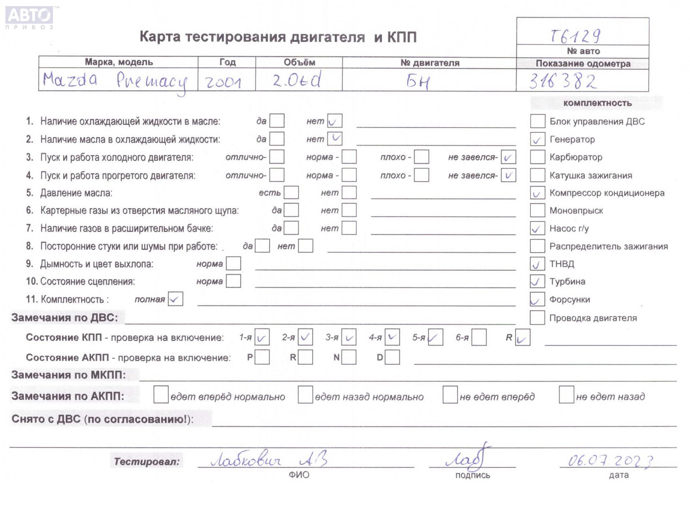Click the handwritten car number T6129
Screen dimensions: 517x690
point(575,35)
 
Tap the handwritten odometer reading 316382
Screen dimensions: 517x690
point(563,81)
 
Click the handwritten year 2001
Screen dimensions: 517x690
point(223,82)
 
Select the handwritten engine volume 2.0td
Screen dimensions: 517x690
point(296,80)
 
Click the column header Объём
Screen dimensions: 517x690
point(299,62)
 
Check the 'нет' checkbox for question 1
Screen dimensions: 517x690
point(335,121)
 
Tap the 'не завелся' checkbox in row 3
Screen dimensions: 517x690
point(508,157)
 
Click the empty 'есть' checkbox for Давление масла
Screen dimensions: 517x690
point(291,193)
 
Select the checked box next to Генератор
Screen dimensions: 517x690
point(537,139)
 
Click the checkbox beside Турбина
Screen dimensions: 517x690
point(537,281)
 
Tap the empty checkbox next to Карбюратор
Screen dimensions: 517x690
point(537,157)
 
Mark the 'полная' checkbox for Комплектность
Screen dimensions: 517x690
point(175,299)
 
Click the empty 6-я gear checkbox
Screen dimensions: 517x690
point(479,337)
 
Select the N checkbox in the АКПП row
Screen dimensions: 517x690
point(349,358)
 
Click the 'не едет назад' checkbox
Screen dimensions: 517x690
point(566,395)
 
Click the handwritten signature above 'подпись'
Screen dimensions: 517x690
point(467,458)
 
